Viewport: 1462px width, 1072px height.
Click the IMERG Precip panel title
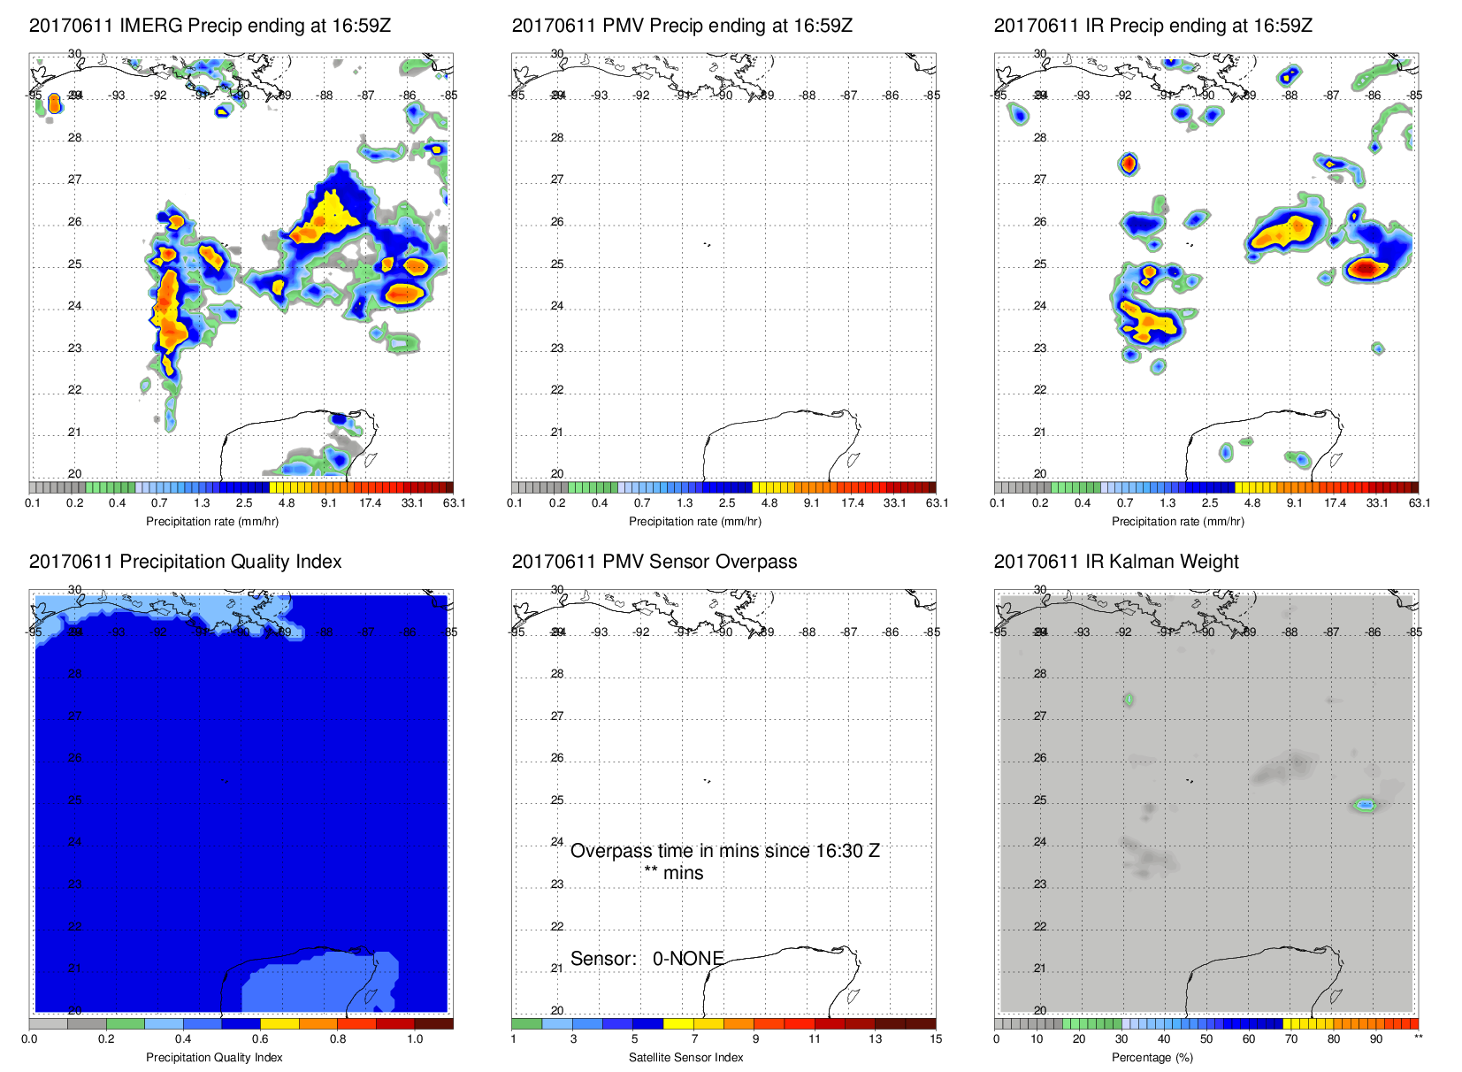(210, 26)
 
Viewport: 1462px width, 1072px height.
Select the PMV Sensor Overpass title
(654, 562)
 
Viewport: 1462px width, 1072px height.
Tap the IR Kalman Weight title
(1116, 562)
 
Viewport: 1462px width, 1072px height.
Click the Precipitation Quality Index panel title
(185, 562)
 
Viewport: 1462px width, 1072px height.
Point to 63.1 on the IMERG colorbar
(454, 503)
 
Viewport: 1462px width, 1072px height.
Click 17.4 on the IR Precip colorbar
(1335, 503)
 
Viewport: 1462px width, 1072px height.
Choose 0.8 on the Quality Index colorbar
(338, 1039)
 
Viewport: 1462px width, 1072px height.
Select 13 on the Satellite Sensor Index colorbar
(875, 1039)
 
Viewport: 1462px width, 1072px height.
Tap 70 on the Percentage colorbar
(1290, 1039)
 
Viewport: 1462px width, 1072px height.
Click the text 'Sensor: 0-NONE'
(647, 959)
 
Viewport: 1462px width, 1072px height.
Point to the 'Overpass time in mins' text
(724, 851)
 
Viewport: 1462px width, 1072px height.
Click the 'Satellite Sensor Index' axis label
(685, 1058)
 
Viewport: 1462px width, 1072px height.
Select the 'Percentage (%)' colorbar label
(1152, 1058)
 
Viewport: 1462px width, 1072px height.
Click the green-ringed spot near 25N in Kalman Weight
(1366, 804)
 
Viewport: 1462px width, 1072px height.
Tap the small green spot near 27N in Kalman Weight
(1129, 700)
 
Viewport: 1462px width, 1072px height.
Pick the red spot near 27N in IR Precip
(1128, 164)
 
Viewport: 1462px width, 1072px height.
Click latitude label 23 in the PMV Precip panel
(557, 348)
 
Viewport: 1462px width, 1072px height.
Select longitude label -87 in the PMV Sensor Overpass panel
(849, 632)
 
